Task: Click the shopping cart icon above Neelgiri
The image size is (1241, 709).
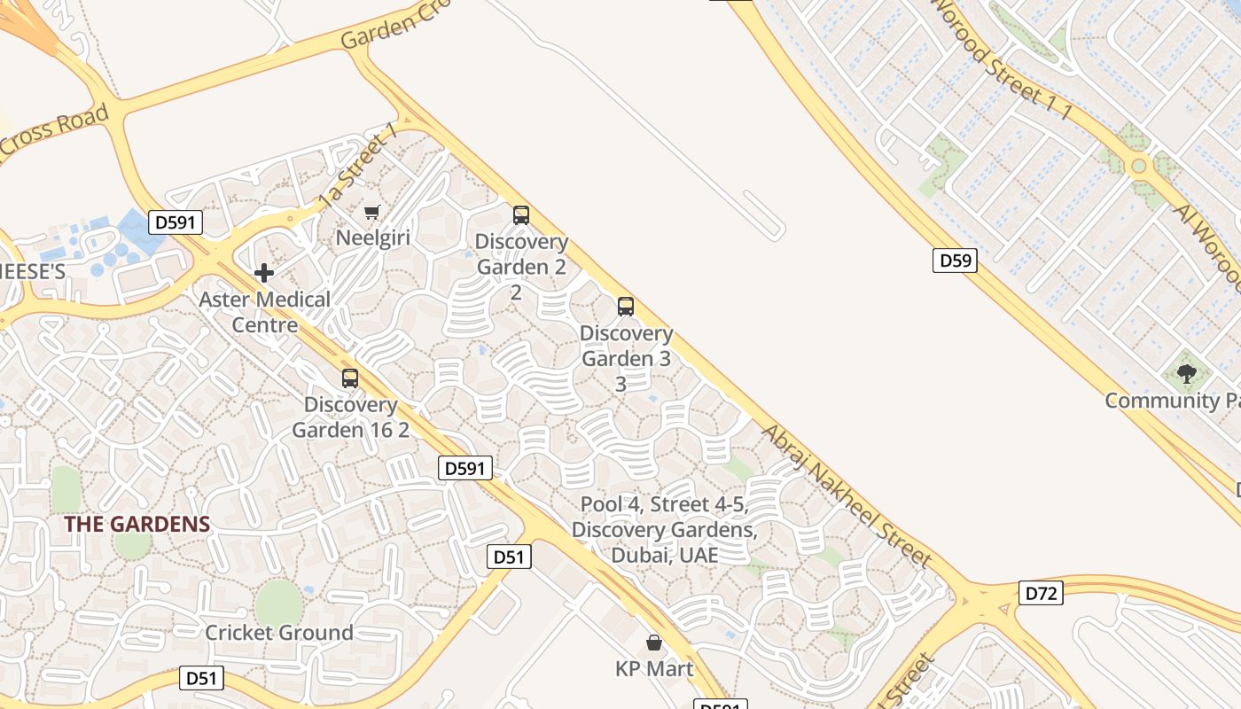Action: point(372,212)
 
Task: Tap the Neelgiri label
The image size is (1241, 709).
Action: point(372,238)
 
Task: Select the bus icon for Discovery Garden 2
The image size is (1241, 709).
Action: point(521,214)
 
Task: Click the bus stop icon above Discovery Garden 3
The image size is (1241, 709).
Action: point(626,307)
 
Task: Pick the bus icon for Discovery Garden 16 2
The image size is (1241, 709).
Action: point(350,378)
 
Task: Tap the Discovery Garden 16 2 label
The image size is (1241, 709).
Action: point(350,417)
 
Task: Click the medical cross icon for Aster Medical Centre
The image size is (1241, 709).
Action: point(264,273)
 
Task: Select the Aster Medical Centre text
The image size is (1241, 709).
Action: point(264,312)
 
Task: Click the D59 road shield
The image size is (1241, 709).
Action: point(955,261)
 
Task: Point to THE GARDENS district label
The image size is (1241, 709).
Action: point(137,524)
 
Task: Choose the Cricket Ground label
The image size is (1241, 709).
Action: point(279,633)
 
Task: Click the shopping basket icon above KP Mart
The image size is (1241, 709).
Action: point(654,643)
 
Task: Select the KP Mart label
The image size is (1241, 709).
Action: point(654,668)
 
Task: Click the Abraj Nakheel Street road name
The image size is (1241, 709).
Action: point(847,495)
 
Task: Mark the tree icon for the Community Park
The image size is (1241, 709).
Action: point(1186,374)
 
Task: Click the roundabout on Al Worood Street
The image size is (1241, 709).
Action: point(1138,166)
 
